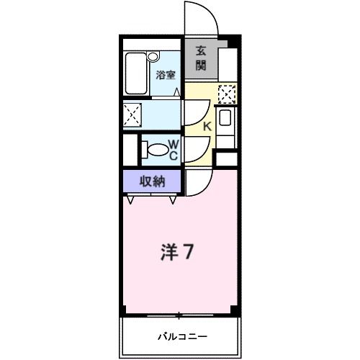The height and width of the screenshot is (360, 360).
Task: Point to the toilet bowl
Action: pos(153,150)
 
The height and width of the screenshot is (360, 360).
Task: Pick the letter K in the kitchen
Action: pos(206,127)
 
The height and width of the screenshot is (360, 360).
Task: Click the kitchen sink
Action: pos(225,119)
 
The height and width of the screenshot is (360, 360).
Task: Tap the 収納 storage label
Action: pos(152,181)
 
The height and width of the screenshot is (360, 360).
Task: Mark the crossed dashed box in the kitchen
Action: pos(227,94)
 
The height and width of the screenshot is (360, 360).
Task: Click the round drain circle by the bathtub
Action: pos(153,56)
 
